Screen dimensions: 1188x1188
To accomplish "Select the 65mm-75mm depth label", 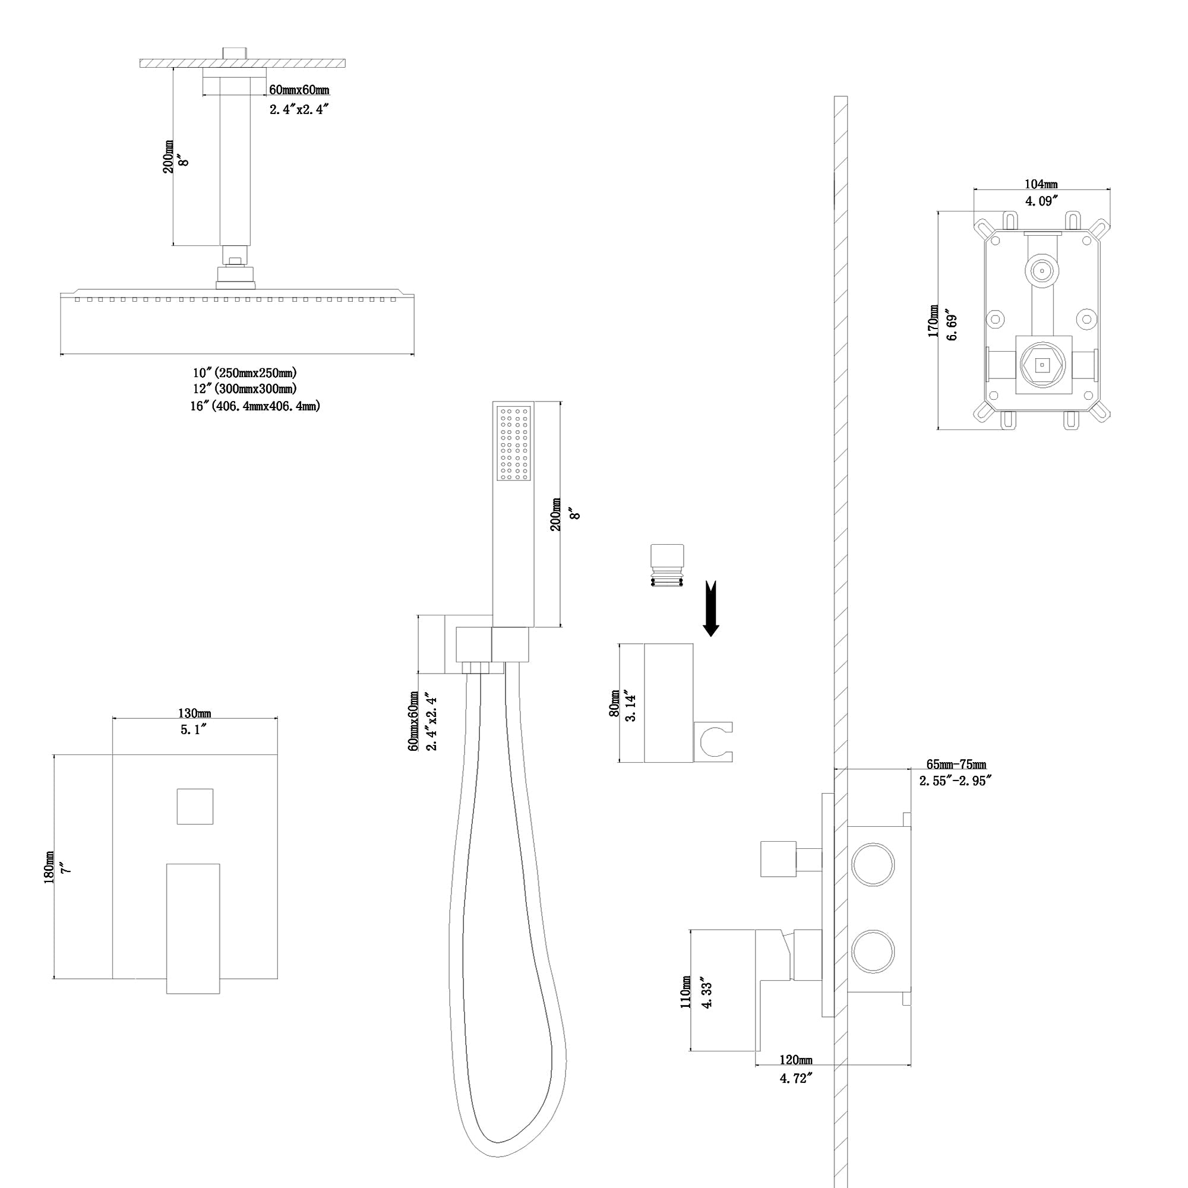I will (x=956, y=764).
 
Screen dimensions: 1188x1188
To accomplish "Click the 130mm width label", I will (x=194, y=713).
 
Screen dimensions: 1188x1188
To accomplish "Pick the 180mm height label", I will (x=49, y=867).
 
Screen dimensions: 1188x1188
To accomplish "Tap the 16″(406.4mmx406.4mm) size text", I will (x=255, y=406).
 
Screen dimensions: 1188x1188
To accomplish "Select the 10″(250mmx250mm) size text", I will (x=245, y=372).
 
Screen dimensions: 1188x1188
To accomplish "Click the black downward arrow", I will (x=711, y=608).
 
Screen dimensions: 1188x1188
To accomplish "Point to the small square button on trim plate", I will (x=195, y=806).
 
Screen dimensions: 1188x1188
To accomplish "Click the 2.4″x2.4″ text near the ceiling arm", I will (x=299, y=109).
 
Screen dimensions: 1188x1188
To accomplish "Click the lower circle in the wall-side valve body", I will (x=873, y=951).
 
